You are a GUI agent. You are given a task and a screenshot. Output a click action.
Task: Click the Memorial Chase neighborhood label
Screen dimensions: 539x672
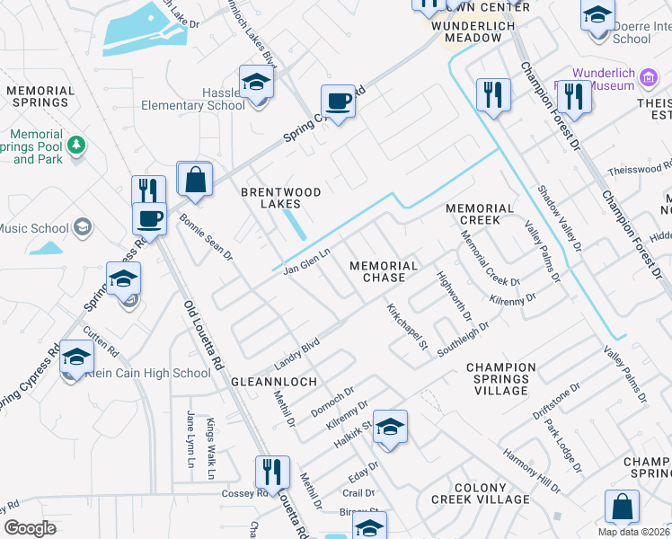click(384, 272)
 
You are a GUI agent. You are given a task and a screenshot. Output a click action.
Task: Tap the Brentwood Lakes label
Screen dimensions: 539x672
click(281, 199)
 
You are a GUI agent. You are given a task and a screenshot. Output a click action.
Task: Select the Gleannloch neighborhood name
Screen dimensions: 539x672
click(274, 382)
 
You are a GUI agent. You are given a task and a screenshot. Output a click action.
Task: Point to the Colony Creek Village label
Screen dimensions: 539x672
click(481, 492)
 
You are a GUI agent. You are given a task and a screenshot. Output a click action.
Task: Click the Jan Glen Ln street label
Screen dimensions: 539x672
click(308, 261)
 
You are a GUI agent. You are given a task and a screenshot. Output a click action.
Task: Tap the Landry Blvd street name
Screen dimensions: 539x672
click(297, 353)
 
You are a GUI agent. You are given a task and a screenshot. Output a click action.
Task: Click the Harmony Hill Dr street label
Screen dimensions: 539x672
click(531, 471)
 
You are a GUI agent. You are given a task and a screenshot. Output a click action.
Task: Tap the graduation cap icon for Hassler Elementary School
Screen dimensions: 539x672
click(256, 83)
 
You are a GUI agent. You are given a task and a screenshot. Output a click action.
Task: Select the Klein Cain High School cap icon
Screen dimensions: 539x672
click(76, 358)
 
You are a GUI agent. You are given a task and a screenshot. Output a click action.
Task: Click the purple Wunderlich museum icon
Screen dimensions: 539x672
click(647, 80)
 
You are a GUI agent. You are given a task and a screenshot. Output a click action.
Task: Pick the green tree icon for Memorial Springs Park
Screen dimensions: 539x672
click(77, 144)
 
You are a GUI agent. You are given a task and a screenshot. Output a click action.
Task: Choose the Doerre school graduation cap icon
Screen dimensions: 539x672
click(597, 15)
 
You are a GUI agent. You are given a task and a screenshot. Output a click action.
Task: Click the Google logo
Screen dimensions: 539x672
click(30, 528)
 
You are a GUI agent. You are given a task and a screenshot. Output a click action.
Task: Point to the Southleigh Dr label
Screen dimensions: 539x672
click(463, 339)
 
